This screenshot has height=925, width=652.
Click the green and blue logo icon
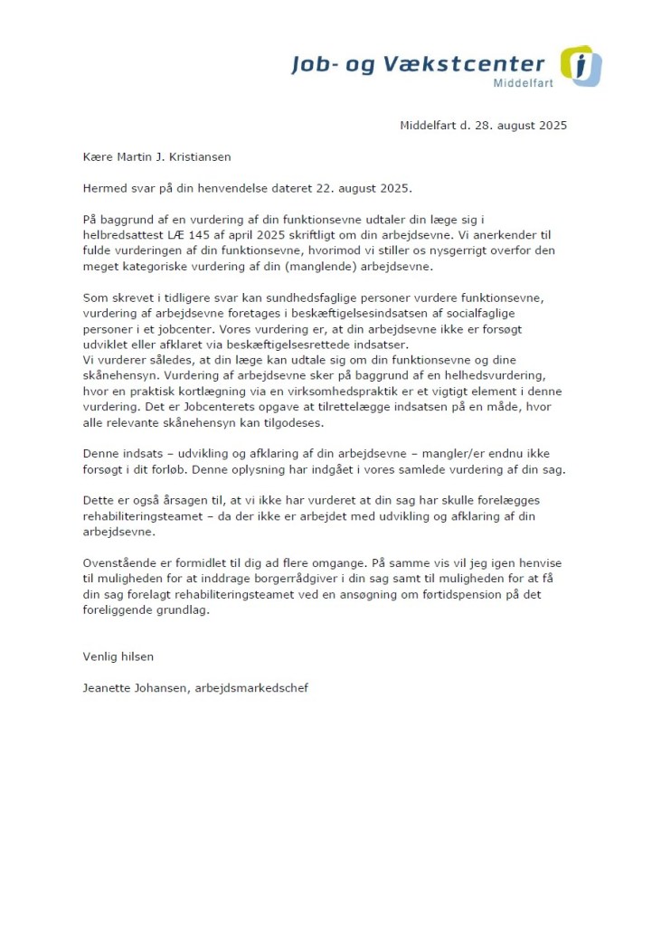coord(581,65)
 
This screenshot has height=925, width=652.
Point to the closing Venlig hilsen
coord(118,656)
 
